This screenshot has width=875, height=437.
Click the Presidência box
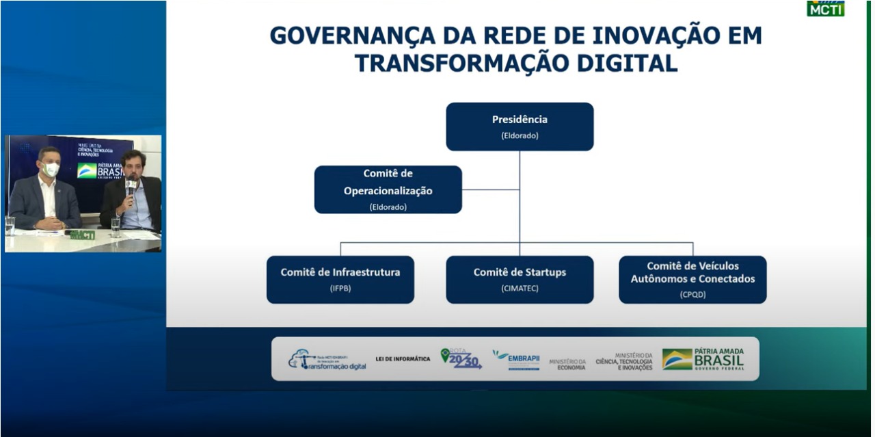(520, 127)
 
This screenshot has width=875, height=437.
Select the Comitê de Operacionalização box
(388, 189)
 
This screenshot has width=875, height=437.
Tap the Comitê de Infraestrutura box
(340, 279)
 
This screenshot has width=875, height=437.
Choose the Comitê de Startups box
(520, 279)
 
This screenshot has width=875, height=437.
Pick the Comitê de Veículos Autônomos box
(692, 279)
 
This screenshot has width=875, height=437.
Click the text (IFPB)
(340, 289)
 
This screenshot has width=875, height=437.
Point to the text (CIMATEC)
(520, 289)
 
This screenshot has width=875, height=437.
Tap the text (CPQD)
(692, 295)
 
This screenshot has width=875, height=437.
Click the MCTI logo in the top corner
(825, 9)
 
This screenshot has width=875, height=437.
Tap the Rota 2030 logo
(461, 359)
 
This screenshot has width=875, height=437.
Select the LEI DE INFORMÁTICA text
(403, 359)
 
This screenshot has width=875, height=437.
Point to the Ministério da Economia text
(567, 365)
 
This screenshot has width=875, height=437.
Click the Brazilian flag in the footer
(677, 360)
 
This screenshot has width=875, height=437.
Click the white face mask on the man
(51, 170)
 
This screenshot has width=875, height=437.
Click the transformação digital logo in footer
(327, 360)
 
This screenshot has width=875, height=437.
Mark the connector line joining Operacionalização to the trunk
(490, 189)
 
